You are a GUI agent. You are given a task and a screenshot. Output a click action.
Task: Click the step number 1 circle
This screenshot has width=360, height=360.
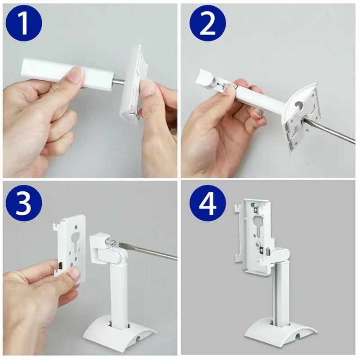point(23,25)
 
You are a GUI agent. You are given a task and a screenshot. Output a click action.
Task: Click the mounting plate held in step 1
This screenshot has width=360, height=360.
point(135,85)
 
